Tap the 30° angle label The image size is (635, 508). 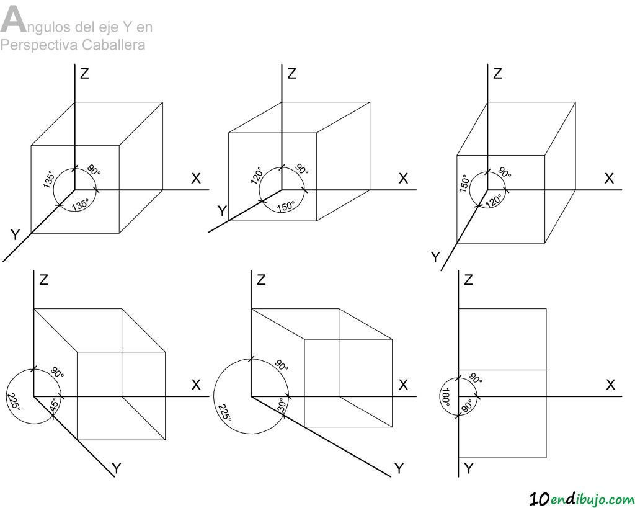[283, 404]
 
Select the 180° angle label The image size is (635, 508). [446, 398]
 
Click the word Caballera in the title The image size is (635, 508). [113, 45]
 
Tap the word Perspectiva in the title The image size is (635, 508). [39, 45]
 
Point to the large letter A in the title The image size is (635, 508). [12, 20]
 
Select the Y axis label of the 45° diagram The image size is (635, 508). [117, 469]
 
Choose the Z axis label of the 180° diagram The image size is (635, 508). [469, 280]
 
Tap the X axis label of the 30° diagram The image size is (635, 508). [403, 385]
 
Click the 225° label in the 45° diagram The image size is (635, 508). [14, 402]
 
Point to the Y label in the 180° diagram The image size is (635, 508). [469, 469]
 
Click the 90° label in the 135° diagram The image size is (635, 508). [94, 170]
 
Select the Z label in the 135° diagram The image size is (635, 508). [84, 74]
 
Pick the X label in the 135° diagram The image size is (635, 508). [196, 178]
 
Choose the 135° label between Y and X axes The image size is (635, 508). [80, 205]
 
